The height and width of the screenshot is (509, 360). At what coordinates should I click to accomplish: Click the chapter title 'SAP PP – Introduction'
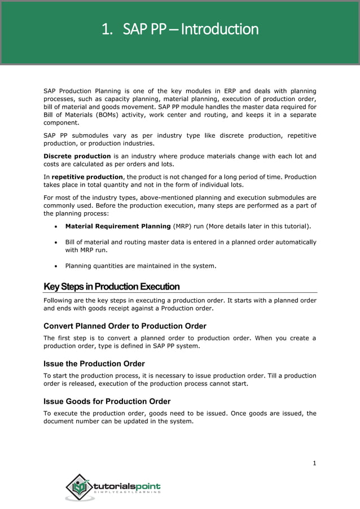(180, 29)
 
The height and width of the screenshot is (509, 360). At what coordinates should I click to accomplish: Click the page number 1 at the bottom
(314, 464)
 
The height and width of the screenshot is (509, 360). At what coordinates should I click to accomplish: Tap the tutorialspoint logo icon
(80, 486)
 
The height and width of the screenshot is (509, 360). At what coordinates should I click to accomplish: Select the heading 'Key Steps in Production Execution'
(112, 287)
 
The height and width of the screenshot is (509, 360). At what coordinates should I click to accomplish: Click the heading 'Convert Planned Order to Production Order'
(125, 326)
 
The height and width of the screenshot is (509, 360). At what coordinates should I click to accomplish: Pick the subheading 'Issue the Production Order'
(94, 364)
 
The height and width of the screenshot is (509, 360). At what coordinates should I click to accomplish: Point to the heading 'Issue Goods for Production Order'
(107, 402)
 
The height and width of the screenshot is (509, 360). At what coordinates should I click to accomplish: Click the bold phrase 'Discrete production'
(77, 156)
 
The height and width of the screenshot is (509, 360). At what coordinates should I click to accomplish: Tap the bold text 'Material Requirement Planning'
(118, 226)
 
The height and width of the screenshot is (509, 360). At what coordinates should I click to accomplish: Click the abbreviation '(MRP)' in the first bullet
(184, 226)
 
